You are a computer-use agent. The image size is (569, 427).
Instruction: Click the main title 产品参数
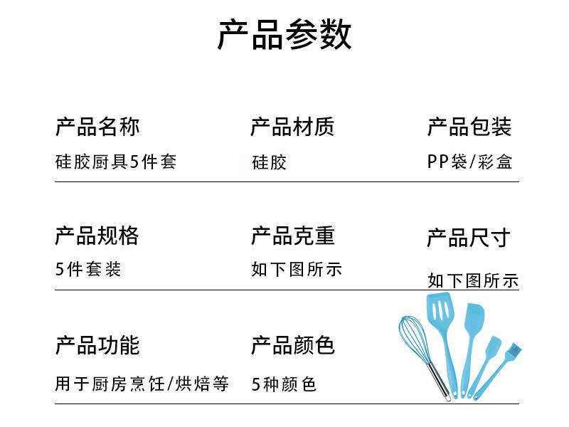click(x=284, y=35)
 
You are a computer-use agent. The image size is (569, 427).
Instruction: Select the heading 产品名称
click(x=97, y=127)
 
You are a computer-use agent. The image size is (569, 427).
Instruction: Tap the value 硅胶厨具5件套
click(x=115, y=162)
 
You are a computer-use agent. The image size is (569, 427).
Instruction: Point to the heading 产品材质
click(x=292, y=127)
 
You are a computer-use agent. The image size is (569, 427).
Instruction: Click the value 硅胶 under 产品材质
click(x=269, y=162)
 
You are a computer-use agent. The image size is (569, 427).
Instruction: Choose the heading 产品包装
click(x=469, y=127)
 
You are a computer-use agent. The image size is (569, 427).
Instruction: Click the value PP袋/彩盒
click(x=469, y=162)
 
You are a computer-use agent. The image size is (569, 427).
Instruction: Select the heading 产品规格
click(x=97, y=236)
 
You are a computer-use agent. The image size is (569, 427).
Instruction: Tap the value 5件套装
click(x=88, y=270)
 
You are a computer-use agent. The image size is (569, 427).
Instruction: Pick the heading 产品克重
click(x=292, y=236)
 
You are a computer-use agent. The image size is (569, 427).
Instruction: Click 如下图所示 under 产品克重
click(x=297, y=270)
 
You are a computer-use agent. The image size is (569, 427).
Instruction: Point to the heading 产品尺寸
click(x=469, y=238)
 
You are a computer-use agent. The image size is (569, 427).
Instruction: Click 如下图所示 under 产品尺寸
click(x=473, y=280)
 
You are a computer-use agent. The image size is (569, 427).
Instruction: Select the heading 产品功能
click(x=97, y=346)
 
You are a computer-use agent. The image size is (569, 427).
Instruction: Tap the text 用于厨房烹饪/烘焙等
click(x=142, y=384)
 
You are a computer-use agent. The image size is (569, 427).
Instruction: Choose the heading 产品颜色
click(x=292, y=346)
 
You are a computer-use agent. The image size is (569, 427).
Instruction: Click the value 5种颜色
click(x=284, y=384)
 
